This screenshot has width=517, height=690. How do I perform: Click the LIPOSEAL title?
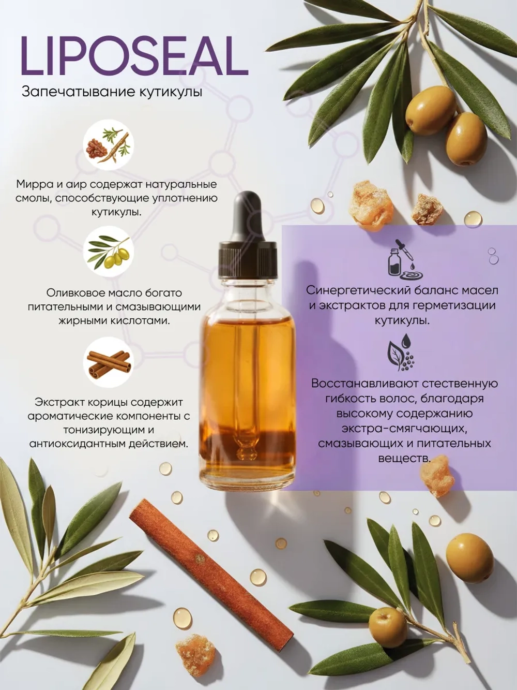point(134,56)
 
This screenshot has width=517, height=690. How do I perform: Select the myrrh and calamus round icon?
point(109,145)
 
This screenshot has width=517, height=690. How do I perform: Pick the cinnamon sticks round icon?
point(109,362)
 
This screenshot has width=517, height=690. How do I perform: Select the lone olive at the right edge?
point(469,557)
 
